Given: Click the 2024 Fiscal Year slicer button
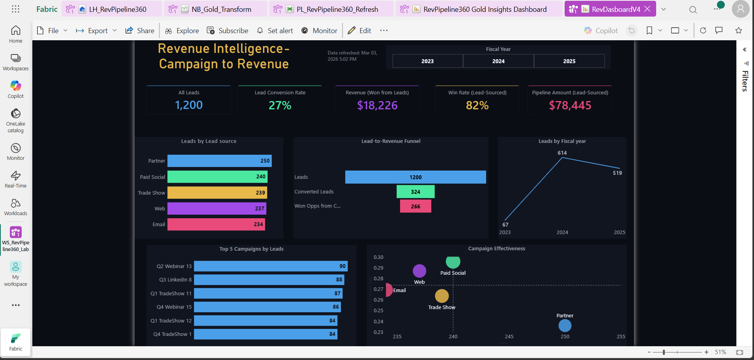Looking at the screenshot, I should point(498,61).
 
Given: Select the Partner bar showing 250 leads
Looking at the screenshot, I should point(219,161).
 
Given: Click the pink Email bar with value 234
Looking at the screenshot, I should point(216,224).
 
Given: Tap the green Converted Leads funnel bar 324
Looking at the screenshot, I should point(415,192).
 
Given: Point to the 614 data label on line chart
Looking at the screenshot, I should point(562,153).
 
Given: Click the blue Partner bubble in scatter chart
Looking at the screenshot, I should point(565,326).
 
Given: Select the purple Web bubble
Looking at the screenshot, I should point(419,271).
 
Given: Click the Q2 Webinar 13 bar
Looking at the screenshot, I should point(271,266).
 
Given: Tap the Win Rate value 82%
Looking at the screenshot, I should point(477,105).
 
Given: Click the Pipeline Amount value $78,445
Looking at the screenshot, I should point(570,105).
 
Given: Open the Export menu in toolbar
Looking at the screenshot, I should point(97,31).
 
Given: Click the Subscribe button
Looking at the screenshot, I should point(228,31).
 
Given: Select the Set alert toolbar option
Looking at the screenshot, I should point(275,31).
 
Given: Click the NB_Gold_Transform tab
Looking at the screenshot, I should point(221,9).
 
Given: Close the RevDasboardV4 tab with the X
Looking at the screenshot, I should point(647,9).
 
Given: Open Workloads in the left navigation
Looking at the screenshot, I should point(16,207).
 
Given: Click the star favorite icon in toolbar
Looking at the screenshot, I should point(739,30).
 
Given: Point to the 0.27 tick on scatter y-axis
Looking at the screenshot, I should point(378,289).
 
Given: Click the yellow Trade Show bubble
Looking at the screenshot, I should point(442,296).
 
